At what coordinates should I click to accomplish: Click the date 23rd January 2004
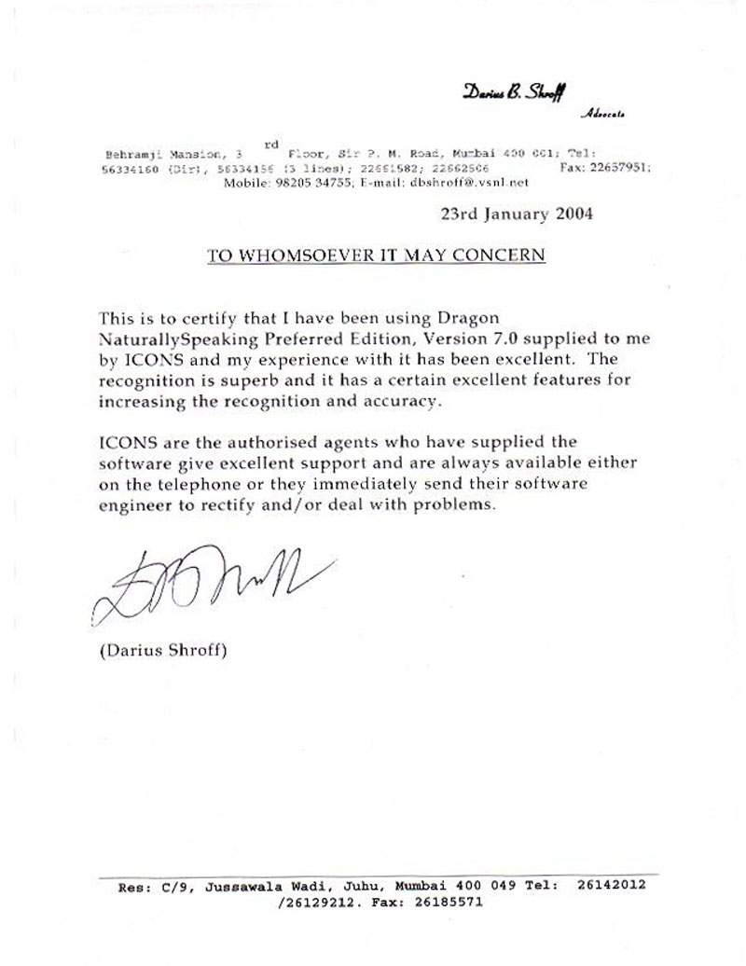[516, 214]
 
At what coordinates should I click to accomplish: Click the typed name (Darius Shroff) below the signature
[163, 650]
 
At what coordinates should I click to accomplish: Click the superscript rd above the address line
[271, 144]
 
